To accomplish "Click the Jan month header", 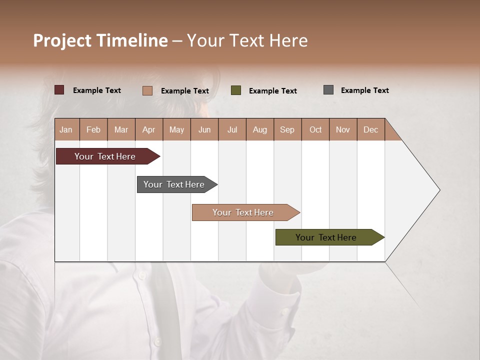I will pyautogui.click(x=66, y=130).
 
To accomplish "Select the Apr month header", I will pyautogui.click(x=148, y=130).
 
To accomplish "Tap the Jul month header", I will pyautogui.click(x=232, y=130).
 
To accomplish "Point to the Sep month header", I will pyautogui.click(x=287, y=130).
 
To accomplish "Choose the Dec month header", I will pyautogui.click(x=370, y=130).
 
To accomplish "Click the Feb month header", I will pyautogui.click(x=93, y=130).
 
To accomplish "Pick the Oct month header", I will pyautogui.click(x=315, y=130).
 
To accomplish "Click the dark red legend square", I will pyautogui.click(x=59, y=90).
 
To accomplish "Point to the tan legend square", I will pyautogui.click(x=147, y=90).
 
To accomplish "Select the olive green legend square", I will pyautogui.click(x=236, y=90).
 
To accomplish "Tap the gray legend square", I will pyautogui.click(x=328, y=90).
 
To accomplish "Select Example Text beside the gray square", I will pyautogui.click(x=364, y=90).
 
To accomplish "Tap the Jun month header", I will pyautogui.click(x=204, y=130).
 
